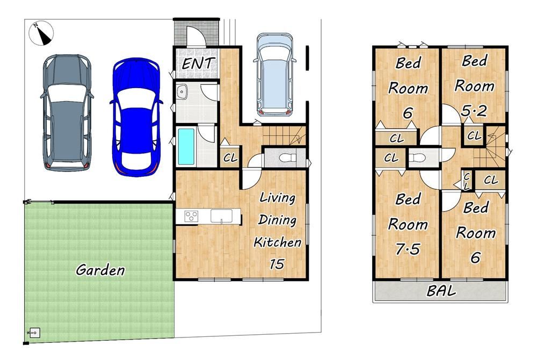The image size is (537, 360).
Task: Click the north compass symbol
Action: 41,33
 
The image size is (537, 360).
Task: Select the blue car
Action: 136,117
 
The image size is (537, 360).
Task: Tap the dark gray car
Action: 68,112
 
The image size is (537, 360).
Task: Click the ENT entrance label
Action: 198,63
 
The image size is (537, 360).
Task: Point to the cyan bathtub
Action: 186,146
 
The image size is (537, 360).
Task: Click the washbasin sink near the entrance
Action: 182,91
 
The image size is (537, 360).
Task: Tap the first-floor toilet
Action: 287,158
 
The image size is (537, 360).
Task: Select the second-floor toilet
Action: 417,158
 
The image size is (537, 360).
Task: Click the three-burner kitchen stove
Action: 191,216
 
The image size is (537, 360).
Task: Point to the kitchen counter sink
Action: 221,216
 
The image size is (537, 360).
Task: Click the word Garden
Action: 100,270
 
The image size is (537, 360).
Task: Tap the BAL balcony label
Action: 441,291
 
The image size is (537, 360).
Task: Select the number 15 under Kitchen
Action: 277,264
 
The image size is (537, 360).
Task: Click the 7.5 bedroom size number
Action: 408,249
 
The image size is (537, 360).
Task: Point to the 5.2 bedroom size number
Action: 474,111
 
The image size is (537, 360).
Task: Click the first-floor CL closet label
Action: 230,158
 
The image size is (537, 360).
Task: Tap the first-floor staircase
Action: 284,135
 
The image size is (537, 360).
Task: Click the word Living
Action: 278,198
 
